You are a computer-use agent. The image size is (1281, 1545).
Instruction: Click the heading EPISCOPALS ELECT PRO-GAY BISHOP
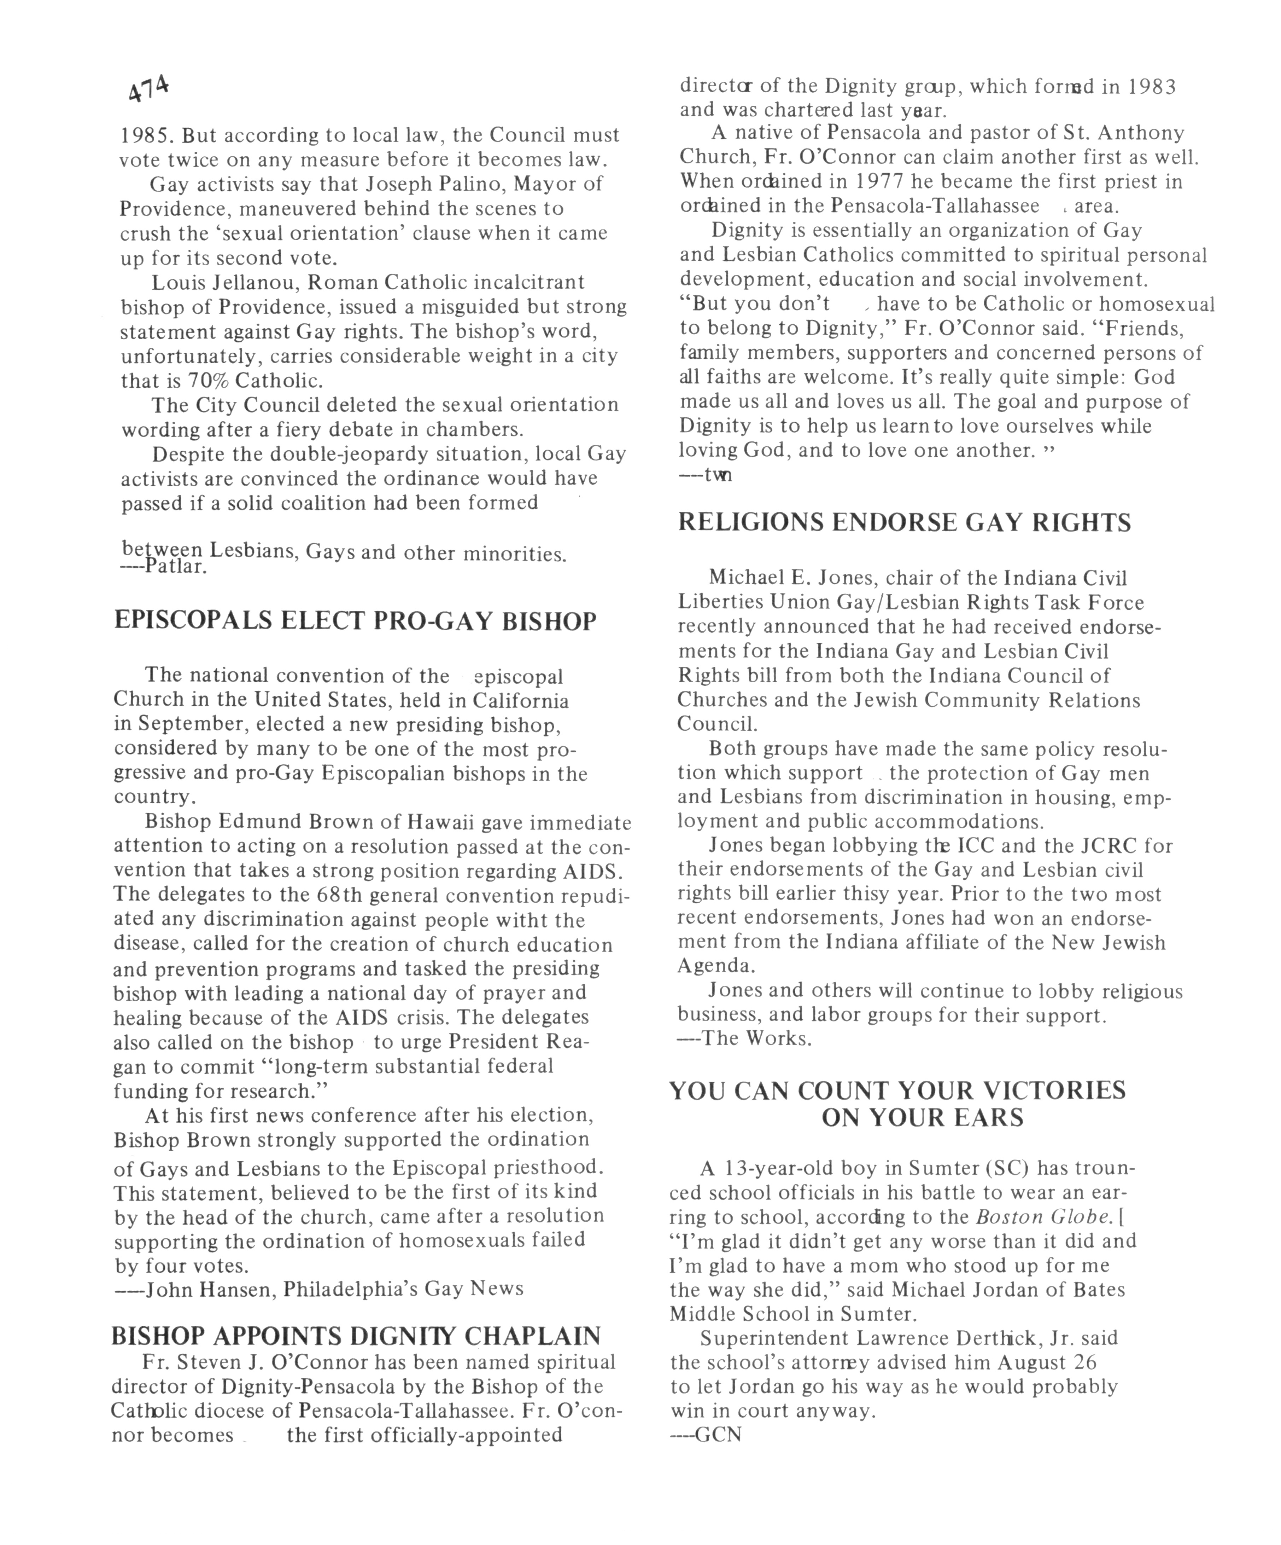point(355,621)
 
